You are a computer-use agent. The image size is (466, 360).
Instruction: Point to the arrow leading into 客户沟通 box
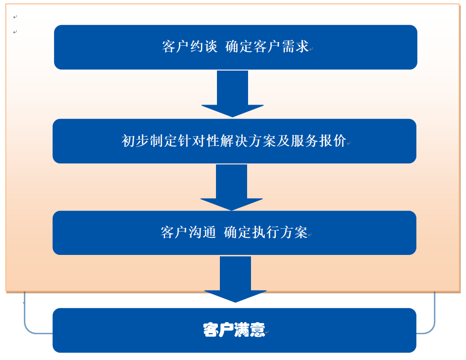point(232,187)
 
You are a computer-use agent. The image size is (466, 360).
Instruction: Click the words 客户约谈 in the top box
point(190,47)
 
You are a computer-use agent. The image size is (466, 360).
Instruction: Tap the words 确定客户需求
point(268,47)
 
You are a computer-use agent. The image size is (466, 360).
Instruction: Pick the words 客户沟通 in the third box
point(188,233)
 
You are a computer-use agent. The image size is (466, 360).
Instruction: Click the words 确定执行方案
point(266,233)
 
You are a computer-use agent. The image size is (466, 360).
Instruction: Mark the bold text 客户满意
point(234,330)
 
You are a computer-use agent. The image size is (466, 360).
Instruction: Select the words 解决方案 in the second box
point(249,141)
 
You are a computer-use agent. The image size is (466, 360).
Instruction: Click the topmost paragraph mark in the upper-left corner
point(15,17)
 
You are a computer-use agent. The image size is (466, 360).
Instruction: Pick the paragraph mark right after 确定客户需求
point(311,49)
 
